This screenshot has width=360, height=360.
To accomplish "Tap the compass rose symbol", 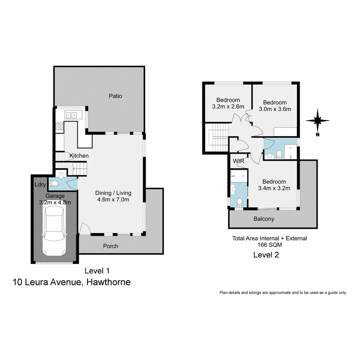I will [x=318, y=121].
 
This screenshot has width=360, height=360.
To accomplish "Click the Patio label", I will [x=115, y=96].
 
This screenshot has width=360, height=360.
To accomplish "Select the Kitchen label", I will [x=79, y=156].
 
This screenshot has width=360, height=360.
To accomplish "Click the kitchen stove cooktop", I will [x=59, y=126].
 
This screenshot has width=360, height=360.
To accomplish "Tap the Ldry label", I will [x=40, y=185].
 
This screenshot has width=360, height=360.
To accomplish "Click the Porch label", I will [x=110, y=246].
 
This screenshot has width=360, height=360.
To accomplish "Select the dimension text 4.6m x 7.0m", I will [x=113, y=200].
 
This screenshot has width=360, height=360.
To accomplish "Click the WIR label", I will [x=239, y=161].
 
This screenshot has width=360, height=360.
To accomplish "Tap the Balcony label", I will [x=264, y=219].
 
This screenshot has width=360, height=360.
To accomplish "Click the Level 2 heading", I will [x=266, y=255].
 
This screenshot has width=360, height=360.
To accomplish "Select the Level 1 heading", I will [x=97, y=271].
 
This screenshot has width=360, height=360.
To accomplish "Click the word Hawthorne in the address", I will [x=108, y=282].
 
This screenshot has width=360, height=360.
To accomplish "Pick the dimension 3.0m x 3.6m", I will [x=275, y=109].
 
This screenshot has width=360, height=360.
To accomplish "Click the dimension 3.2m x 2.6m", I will [x=228, y=107].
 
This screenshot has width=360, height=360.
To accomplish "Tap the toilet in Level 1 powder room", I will [x=53, y=183].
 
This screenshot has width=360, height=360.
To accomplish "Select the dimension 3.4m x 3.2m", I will [x=274, y=188].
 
